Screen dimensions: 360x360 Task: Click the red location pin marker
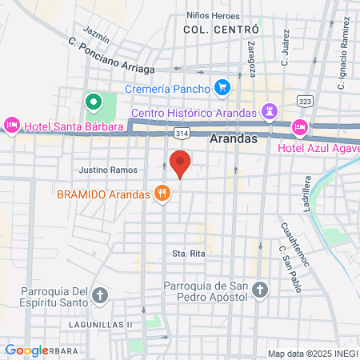[x=180, y=163]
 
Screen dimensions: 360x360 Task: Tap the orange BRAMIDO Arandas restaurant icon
[x=163, y=193]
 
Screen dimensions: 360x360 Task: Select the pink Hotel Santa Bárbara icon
[x=12, y=126]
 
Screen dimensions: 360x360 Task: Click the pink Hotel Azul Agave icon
[x=299, y=126]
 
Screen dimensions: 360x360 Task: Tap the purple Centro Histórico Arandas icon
[x=270, y=111]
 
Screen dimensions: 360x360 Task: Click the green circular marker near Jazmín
[x=93, y=102]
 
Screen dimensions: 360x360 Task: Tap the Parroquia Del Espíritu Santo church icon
[x=99, y=295]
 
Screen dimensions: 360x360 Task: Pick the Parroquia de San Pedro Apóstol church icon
[x=259, y=290]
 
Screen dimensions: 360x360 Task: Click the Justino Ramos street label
[x=108, y=170]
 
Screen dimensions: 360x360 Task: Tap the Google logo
[x=26, y=350]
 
